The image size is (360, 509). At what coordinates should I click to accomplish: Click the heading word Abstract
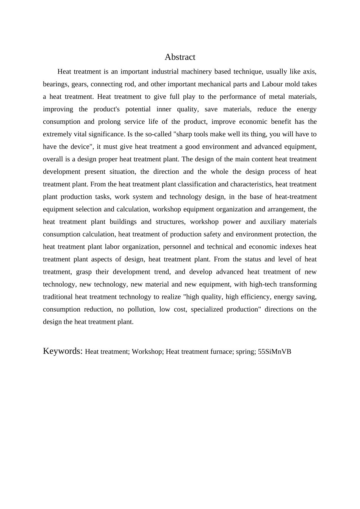coord(180,57)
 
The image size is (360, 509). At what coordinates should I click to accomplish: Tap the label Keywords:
coord(63,351)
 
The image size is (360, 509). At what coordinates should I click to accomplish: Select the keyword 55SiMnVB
coord(274,351)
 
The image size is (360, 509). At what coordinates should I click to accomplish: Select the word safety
coord(212,234)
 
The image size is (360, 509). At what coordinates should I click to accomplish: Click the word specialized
coord(207,309)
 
